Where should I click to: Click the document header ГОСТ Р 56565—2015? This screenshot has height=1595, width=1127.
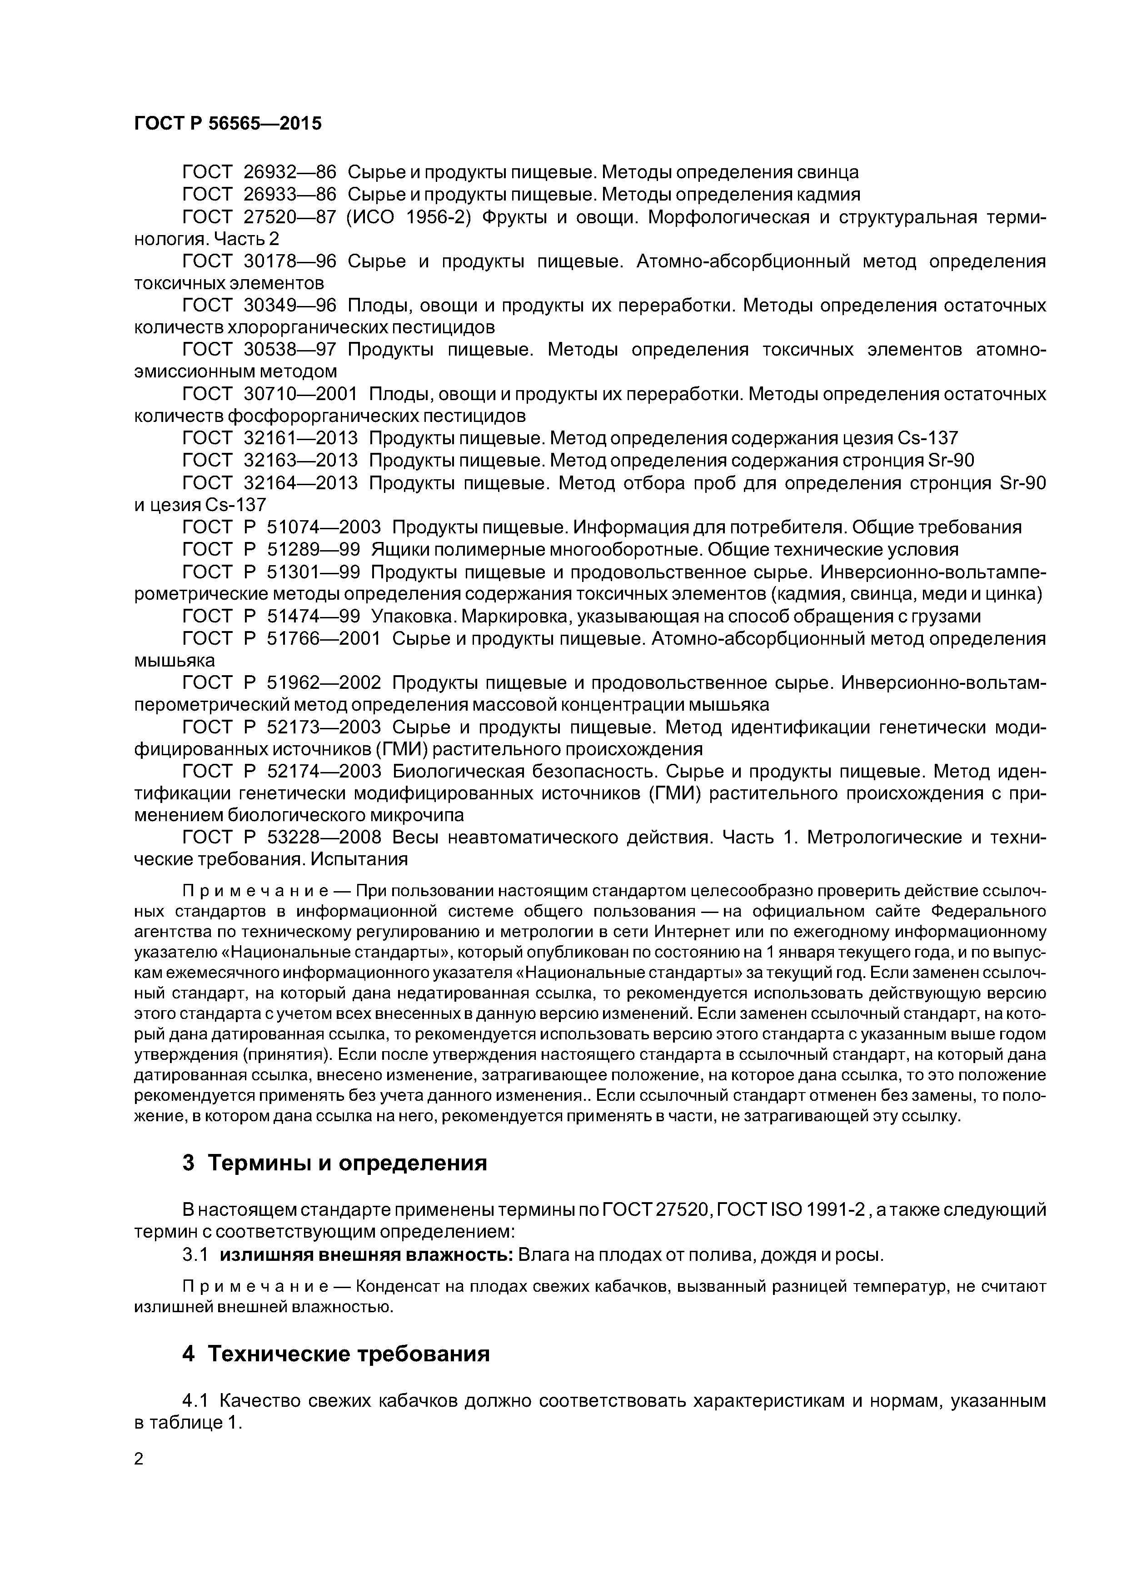coord(228,124)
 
